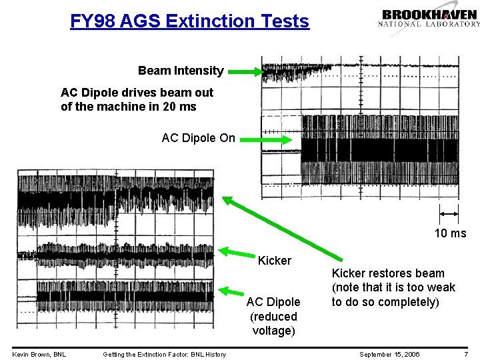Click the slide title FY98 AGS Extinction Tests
coord(189,21)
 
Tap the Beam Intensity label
coord(181,71)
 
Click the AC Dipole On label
coord(198,138)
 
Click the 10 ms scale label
coord(450,233)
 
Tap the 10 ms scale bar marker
coord(449,214)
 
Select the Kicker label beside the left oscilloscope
coord(274,260)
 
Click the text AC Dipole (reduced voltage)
coord(274,317)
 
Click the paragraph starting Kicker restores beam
coord(393,287)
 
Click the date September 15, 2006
coord(389,354)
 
